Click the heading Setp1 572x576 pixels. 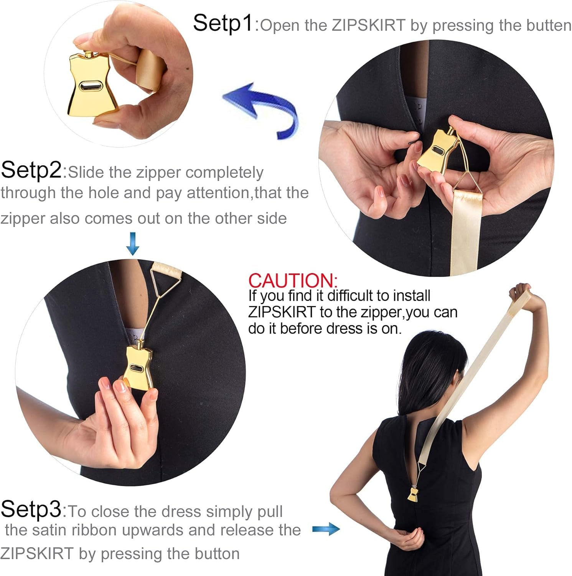(223, 23)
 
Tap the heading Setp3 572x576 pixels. (31, 509)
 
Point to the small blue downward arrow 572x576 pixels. (133, 243)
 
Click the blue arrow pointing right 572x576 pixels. (326, 530)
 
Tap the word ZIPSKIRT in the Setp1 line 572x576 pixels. (368, 26)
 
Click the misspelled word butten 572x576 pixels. (549, 26)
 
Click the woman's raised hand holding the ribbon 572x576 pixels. (522, 294)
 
